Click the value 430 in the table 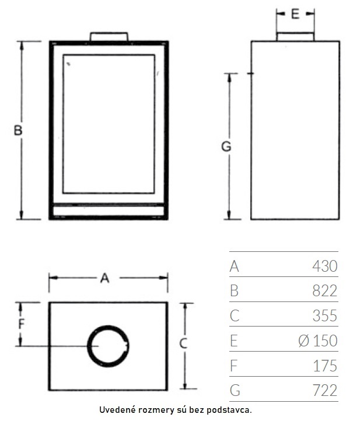click(x=324, y=266)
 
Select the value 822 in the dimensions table click(x=324, y=291)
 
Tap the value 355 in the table click(x=324, y=315)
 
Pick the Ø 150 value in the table click(x=318, y=341)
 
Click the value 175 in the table click(x=325, y=366)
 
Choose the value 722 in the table click(x=325, y=391)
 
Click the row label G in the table click(x=235, y=391)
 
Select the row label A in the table click(x=235, y=266)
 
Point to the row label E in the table click(x=234, y=341)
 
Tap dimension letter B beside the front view click(x=18, y=130)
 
